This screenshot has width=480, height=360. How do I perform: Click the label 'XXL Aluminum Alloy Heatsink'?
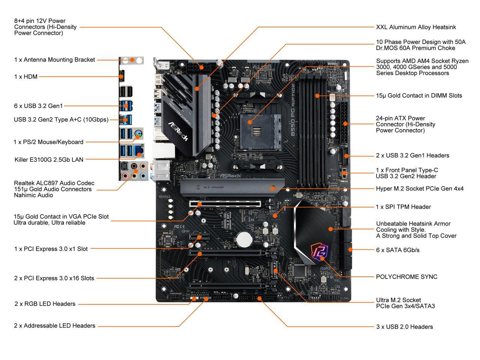click(x=416, y=27)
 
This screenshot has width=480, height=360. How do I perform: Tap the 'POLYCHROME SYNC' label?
click(x=406, y=277)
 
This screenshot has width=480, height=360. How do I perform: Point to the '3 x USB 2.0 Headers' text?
click(x=404, y=327)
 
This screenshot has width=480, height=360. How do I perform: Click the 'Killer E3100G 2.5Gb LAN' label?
click(x=49, y=159)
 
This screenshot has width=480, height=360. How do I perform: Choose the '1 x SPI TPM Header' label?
click(x=403, y=207)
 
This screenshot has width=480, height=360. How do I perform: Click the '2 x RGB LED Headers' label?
click(x=45, y=304)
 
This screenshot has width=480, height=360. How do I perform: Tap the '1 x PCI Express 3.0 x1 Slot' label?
click(x=51, y=249)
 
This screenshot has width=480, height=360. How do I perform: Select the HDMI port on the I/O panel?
click(x=121, y=76)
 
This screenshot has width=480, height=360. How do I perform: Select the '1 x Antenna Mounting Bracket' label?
click(x=55, y=60)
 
